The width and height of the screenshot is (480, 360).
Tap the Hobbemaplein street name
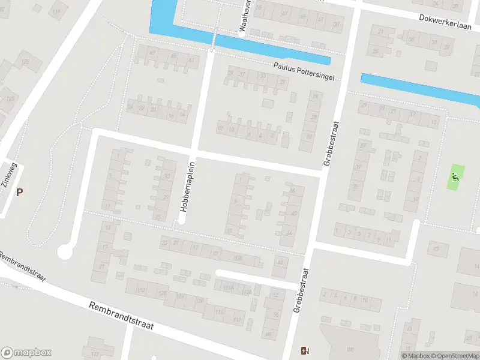click(187, 185)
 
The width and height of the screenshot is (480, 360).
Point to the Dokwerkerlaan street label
click(446, 21)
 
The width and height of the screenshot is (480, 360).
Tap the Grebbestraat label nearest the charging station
click(301, 290)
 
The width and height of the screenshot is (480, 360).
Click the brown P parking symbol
click(19, 193)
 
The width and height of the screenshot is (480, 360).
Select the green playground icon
click(455, 177)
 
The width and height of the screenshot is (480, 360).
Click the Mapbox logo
click(26, 353)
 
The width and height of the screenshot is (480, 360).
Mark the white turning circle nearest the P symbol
click(65, 253)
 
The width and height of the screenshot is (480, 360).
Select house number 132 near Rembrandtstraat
click(141, 290)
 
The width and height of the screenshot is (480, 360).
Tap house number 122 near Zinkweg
click(25, 61)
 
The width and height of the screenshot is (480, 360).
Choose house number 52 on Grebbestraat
click(275, 295)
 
